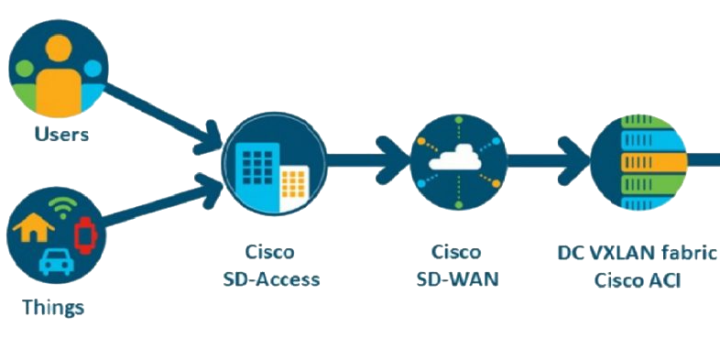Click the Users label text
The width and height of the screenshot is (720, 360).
click(x=61, y=135)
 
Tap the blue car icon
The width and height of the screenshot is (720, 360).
click(x=55, y=262)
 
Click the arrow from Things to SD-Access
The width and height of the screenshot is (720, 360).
click(x=160, y=203)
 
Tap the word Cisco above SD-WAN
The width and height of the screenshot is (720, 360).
click(x=455, y=252)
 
